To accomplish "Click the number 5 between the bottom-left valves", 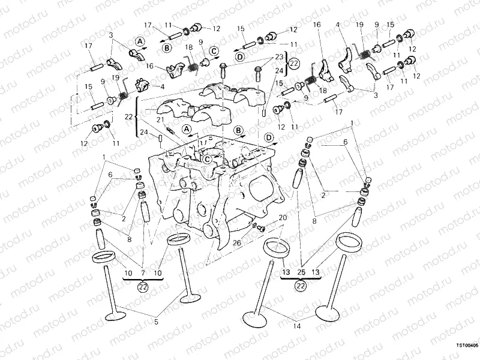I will click(x=157, y=322).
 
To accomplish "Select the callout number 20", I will click(x=283, y=217).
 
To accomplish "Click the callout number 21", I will click(x=160, y=120).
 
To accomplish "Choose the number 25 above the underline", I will click(x=301, y=274).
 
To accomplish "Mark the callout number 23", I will click(x=278, y=58).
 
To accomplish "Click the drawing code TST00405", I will click(x=467, y=346).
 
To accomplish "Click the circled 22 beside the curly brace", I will click(x=293, y=64).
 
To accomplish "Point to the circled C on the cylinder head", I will click(x=206, y=159).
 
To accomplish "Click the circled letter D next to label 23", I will click(x=239, y=57).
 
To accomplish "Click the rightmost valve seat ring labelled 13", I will click(x=349, y=241).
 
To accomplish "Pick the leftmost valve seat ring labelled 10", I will click(x=104, y=257).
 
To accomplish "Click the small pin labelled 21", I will click(x=170, y=128).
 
